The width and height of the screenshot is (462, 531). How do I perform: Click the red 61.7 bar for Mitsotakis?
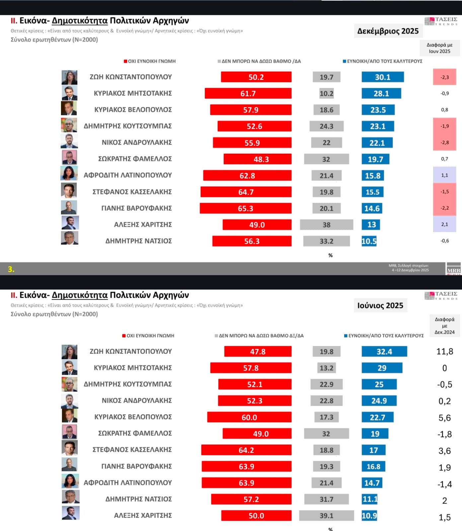pos(248,93)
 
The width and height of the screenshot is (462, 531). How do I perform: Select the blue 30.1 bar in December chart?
pos(383,77)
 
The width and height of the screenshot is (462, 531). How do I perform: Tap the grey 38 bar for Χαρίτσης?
pos(326,225)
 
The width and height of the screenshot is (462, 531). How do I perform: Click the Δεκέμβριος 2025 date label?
pos(388,31)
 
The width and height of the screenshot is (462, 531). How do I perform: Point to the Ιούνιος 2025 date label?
pos(380,306)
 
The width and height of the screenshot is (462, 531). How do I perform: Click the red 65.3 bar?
pos(246,209)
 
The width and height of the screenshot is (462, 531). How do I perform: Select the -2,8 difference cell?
pos(444,142)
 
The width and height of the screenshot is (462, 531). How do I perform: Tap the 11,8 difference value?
pos(444,351)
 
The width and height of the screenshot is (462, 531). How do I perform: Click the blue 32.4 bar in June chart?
pos(384,351)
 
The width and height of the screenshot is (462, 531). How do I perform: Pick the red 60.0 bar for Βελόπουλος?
pos(249,417)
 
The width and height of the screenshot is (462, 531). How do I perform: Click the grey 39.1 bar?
pos(326,516)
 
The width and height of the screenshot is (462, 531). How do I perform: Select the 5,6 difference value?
pos(444,418)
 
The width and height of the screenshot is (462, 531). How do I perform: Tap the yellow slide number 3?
pos(11,269)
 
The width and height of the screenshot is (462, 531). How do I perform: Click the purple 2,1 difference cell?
pos(444,224)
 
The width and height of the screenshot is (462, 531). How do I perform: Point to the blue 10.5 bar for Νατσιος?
pos(369,241)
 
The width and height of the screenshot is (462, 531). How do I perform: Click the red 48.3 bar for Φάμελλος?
pos(258,159)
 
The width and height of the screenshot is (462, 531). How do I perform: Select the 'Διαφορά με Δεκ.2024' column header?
pos(444,326)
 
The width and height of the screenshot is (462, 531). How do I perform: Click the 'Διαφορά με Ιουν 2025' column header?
pos(439,48)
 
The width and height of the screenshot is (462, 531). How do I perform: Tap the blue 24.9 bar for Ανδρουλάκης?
pos(379,401)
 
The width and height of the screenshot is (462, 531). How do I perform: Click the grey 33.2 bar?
pos(326,241)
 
